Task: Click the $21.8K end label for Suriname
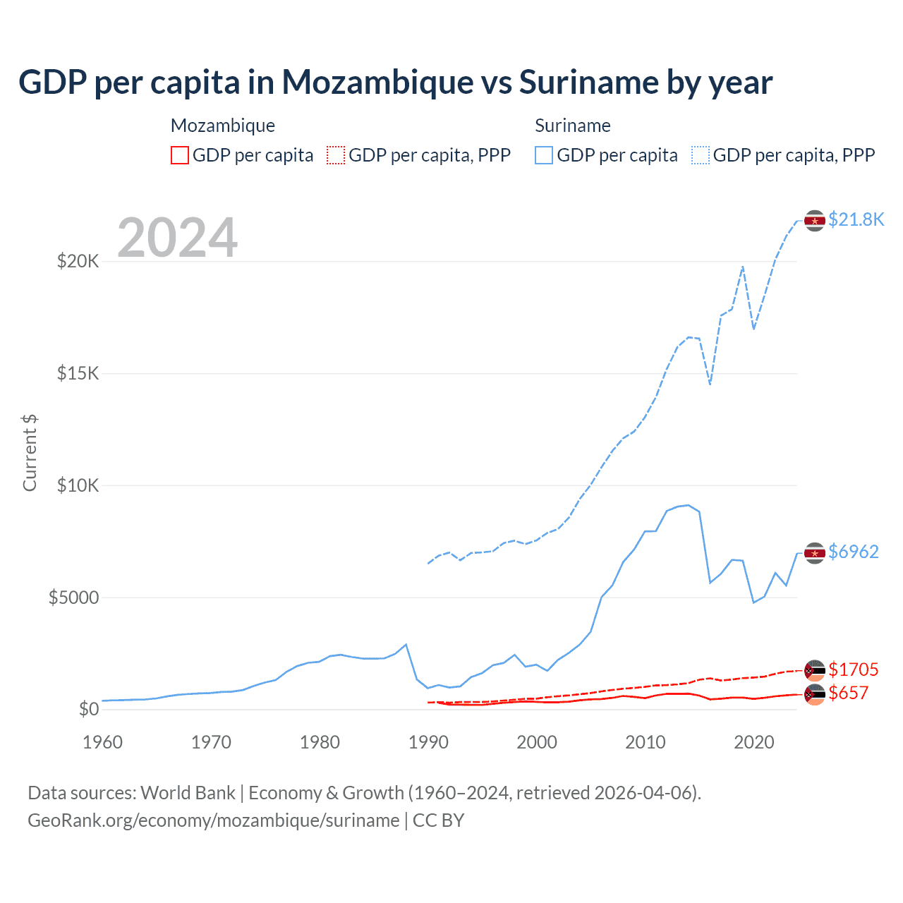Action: pos(856,220)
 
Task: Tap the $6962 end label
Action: pos(854,552)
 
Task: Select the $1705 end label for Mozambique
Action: pos(854,669)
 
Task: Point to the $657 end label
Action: pos(848,693)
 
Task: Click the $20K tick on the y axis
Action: pos(78,262)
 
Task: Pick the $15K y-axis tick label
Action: pos(78,373)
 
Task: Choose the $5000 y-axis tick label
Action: pos(74,598)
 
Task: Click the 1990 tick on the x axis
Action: pos(428,742)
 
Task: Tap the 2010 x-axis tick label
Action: pos(646,742)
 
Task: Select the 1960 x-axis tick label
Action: pos(103,742)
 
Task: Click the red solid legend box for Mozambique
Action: pos(180,155)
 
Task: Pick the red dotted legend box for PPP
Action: pos(336,155)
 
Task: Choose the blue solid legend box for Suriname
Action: pos(544,155)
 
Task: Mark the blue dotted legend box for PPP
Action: pos(701,155)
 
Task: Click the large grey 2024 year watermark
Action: pos(177,238)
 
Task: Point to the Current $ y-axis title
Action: pos(30,453)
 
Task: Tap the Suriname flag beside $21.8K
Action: pos(815,221)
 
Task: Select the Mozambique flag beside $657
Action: pos(815,694)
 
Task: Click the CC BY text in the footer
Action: pos(438,820)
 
